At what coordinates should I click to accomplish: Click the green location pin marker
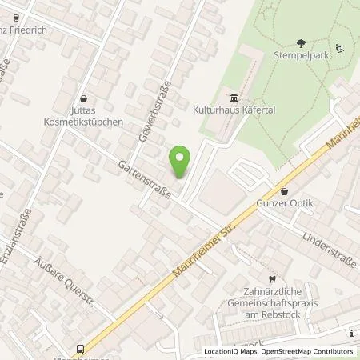pyautogui.click(x=182, y=161)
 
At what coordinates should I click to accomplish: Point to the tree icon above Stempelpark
pyautogui.click(x=301, y=43)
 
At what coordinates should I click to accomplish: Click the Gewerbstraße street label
pyautogui.click(x=150, y=110)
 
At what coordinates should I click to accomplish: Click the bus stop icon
pyautogui.click(x=81, y=348)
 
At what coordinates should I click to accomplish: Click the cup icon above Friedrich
pyautogui.click(x=15, y=16)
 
